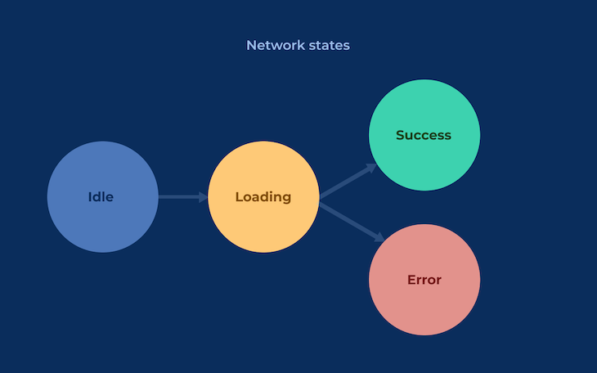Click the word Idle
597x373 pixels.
[x=101, y=197]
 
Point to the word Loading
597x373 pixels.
[x=263, y=197]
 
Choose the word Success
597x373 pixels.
[x=424, y=135]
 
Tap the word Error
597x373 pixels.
[x=424, y=280]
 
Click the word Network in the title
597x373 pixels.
[x=273, y=46]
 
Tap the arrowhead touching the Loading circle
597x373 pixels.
[x=203, y=197]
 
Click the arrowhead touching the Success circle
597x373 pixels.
[x=371, y=167]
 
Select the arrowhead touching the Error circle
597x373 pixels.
[x=379, y=238]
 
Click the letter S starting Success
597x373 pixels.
[x=401, y=135]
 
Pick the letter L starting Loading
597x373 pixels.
[x=239, y=197]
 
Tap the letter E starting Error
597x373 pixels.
[x=411, y=280]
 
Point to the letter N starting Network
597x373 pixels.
[x=251, y=46]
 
